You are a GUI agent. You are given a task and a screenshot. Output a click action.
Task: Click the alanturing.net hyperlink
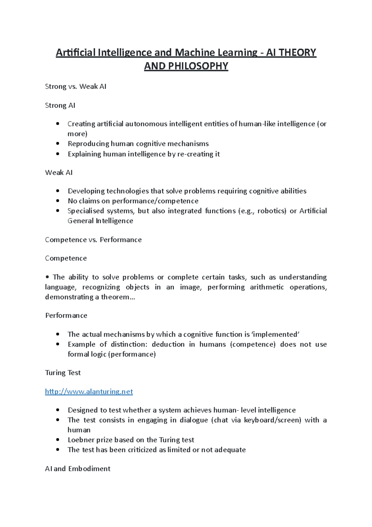click(x=89, y=391)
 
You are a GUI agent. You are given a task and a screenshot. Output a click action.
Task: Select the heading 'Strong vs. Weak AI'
click(x=76, y=87)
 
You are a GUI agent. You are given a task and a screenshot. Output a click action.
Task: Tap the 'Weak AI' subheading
click(x=59, y=173)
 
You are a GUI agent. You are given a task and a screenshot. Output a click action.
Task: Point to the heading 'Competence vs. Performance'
click(x=93, y=240)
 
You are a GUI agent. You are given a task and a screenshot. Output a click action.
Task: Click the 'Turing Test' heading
click(x=63, y=373)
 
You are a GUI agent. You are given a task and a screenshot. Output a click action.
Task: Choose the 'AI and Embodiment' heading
click(x=77, y=469)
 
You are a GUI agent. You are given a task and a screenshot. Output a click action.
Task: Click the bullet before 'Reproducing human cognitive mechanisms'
click(x=58, y=144)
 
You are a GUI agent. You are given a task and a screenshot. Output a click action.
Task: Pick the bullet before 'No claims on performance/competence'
click(x=58, y=201)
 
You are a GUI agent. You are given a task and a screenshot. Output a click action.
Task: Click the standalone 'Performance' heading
click(x=66, y=316)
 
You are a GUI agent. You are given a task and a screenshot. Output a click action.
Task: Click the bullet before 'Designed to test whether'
click(x=58, y=410)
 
